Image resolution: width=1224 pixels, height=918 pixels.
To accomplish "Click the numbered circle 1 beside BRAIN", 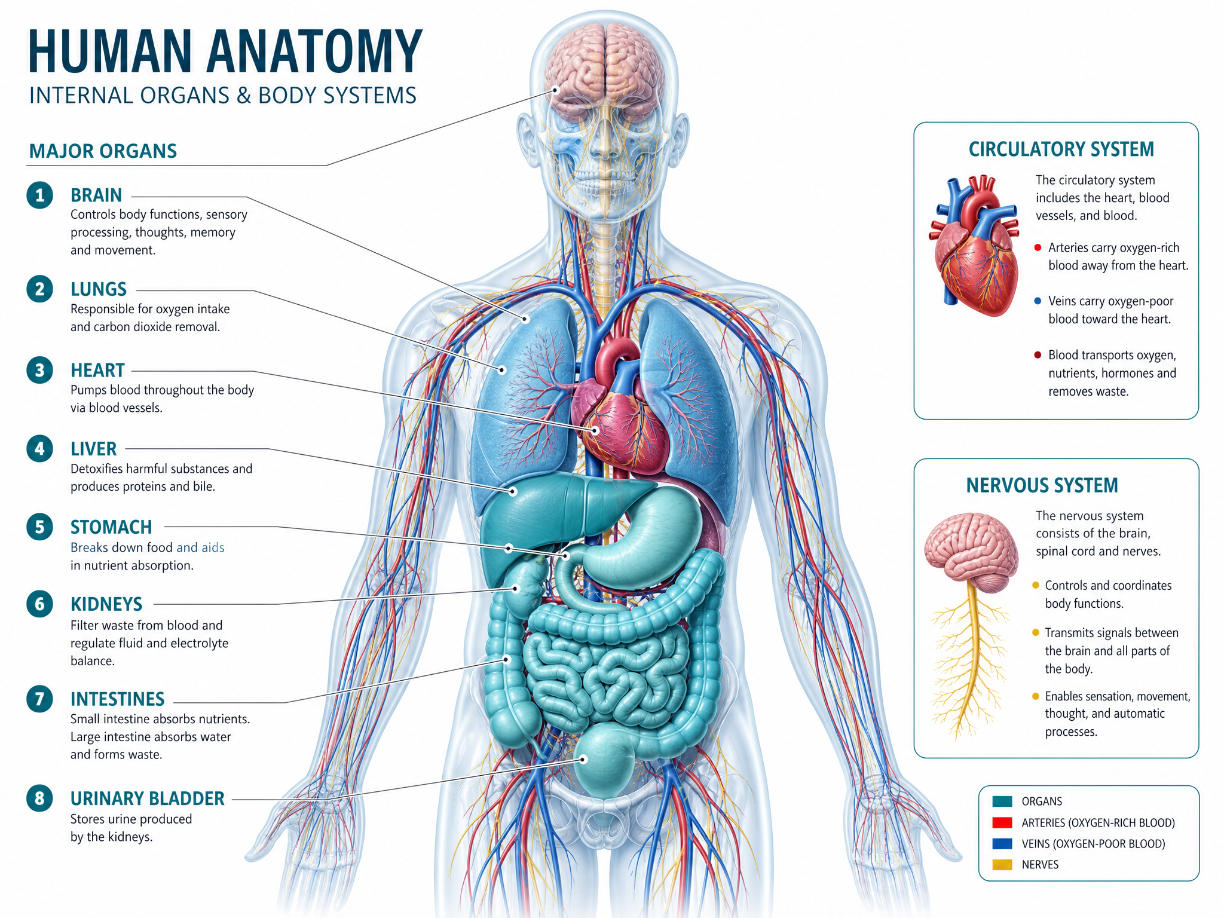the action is pos(39,195).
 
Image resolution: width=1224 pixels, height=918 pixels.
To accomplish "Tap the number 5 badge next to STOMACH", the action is pos(39,527).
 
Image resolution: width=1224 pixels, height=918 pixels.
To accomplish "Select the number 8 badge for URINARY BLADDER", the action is pos(39,798).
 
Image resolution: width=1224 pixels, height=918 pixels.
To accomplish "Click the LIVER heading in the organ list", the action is pos(94,449).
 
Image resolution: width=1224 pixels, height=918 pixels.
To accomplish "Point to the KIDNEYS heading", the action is pos(106,604).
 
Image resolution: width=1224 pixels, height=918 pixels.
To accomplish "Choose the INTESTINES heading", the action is pos(118,699).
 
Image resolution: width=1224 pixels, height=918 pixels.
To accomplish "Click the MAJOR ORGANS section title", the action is pos(103,151).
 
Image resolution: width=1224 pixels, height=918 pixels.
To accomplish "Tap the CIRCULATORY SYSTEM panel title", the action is pos(1061,149).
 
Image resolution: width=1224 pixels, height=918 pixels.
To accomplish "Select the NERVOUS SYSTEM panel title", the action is pos(1042,485).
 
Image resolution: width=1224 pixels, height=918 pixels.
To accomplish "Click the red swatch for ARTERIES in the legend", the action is pos(1002,823).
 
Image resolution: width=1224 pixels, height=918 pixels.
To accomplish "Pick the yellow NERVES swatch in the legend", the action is pos(1002,865).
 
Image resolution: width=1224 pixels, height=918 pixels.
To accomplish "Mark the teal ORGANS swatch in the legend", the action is pos(1002,801).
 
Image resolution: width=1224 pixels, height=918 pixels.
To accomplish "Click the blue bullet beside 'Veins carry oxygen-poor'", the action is pos(1038,301).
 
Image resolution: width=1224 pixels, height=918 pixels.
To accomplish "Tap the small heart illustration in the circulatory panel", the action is pos(974,246).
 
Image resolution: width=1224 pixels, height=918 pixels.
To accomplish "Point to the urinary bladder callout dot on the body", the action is pos(583,759).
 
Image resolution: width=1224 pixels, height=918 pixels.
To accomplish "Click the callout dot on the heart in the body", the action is pos(595,430).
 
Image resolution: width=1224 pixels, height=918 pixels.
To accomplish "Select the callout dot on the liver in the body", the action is pos(513,492).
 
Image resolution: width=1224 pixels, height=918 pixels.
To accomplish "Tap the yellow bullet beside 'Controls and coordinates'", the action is pos(1036,585).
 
